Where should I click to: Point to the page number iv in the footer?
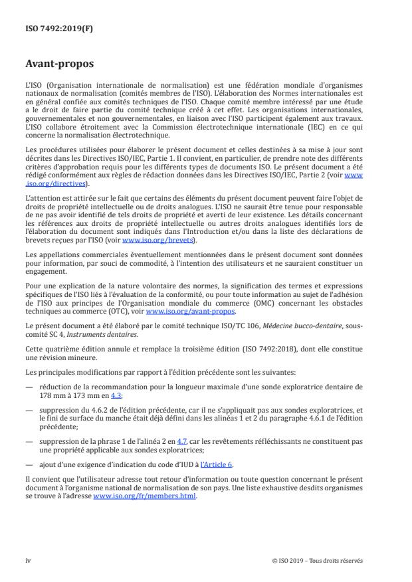tap(28, 560)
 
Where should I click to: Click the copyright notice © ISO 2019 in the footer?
tap(318, 560)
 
